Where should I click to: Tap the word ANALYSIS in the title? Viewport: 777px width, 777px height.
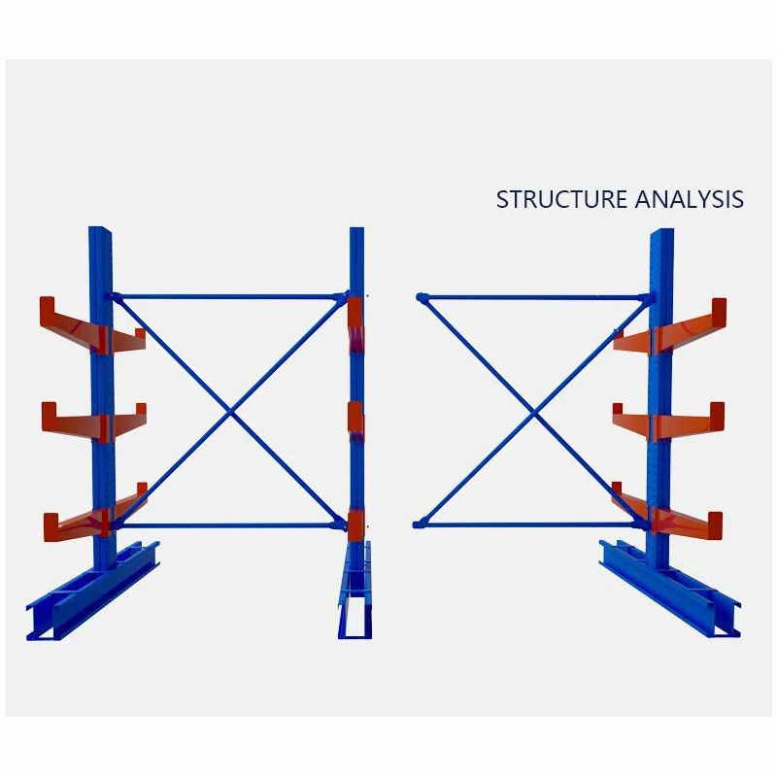tap(690, 199)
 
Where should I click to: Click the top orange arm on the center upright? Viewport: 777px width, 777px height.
tap(355, 326)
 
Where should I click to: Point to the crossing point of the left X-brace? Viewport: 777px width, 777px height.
tap(231, 412)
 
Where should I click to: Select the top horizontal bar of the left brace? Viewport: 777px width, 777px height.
tap(231, 297)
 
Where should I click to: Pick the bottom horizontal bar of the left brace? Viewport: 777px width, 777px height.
tap(231, 526)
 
